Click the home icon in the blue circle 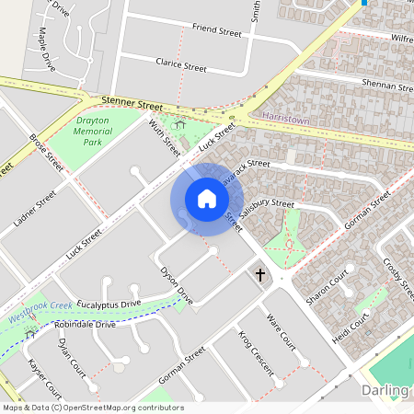pos(207,199)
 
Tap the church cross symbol pos(260,274)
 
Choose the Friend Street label pos(216,31)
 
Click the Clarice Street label pos(182,66)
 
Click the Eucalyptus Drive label pos(109,303)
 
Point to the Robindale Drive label pos(85,325)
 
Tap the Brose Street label pos(46,153)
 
